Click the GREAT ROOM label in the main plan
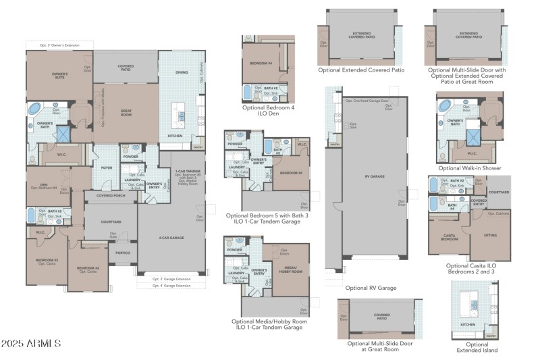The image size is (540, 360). [x=126, y=112]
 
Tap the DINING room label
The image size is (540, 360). [x=182, y=72]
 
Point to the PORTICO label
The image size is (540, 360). [x=123, y=253]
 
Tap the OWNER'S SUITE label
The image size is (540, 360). [x=61, y=75]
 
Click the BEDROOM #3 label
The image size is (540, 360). [x=47, y=259]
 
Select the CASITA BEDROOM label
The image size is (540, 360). [x=449, y=238]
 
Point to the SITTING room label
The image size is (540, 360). [x=490, y=236]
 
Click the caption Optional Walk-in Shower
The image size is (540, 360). [x=470, y=168]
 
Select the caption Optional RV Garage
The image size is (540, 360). [x=371, y=287]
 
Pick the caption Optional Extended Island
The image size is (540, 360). [x=477, y=347]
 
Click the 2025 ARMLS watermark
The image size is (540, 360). [x=32, y=344]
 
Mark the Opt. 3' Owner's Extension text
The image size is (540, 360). [x=59, y=45]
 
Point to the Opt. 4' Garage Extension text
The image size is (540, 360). [x=171, y=286]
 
